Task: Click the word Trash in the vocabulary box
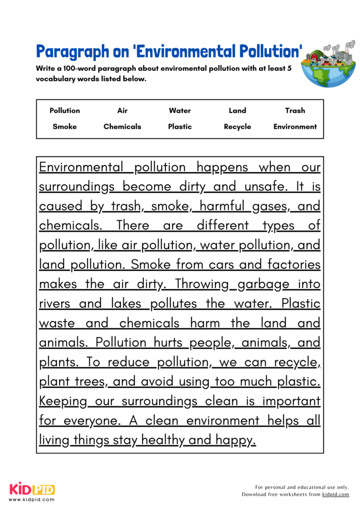point(295,110)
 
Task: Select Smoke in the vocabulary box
point(65,126)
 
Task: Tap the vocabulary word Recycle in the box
point(237,126)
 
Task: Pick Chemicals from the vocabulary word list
point(122,126)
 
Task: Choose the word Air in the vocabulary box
point(122,110)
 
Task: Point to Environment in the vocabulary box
point(295,126)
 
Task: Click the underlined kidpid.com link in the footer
point(335,495)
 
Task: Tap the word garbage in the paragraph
point(263,284)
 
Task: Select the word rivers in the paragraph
point(54,304)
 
